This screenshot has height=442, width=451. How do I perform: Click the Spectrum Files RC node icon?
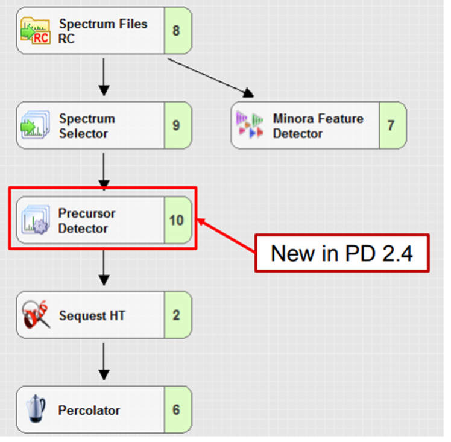pyautogui.click(x=35, y=31)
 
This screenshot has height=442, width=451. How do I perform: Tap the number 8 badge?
pyautogui.click(x=176, y=30)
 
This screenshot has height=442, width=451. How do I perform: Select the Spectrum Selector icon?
pyautogui.click(x=35, y=125)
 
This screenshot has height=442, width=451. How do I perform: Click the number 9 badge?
pyautogui.click(x=176, y=125)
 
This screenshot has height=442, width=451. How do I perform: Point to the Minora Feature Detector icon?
pyautogui.click(x=250, y=125)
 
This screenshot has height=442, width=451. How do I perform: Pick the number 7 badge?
pyautogui.click(x=391, y=125)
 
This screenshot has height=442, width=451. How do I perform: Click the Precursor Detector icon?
pyautogui.click(x=35, y=221)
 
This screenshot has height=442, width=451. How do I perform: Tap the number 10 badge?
pyautogui.click(x=176, y=220)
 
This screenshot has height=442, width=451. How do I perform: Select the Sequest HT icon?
pyautogui.click(x=35, y=315)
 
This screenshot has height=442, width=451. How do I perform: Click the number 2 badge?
pyautogui.click(x=176, y=315)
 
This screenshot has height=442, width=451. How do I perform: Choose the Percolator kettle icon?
pyautogui.click(x=35, y=410)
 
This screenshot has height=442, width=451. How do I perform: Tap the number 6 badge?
pyautogui.click(x=176, y=410)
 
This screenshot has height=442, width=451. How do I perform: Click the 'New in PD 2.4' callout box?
pyautogui.click(x=341, y=253)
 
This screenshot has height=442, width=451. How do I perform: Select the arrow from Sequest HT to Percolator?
pyautogui.click(x=104, y=362)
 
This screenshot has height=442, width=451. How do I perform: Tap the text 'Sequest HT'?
pyautogui.click(x=92, y=315)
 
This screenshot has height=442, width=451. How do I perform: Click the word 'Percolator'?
pyautogui.click(x=89, y=411)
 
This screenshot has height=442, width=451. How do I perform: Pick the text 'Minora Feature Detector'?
pyautogui.click(x=318, y=125)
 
